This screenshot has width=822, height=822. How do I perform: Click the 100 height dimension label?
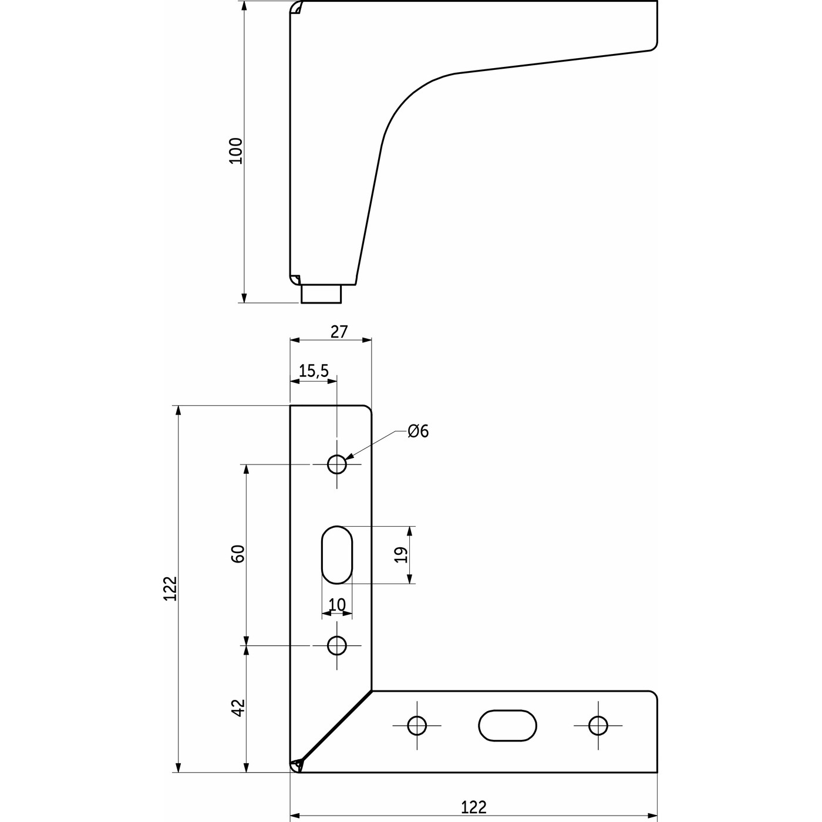235,151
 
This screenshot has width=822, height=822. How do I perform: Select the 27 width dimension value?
339,332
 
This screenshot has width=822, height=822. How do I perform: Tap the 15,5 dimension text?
314,371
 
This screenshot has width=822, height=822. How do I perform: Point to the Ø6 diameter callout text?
419,432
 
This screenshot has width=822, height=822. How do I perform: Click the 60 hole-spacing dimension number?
238,554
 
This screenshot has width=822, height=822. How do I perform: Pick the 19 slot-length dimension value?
402,555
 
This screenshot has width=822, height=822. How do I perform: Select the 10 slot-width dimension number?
337,605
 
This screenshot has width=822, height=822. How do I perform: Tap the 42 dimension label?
238,708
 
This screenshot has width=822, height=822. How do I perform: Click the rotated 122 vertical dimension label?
170,588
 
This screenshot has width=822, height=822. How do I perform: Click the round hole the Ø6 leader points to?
337,464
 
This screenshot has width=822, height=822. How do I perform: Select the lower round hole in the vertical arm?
337,646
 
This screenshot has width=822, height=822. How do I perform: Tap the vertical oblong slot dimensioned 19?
337,555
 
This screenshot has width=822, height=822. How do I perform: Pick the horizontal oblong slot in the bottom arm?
508,726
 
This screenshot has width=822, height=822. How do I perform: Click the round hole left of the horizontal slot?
417,726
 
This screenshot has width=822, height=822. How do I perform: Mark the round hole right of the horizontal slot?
598,726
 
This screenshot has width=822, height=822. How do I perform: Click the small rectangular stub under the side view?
321,294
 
